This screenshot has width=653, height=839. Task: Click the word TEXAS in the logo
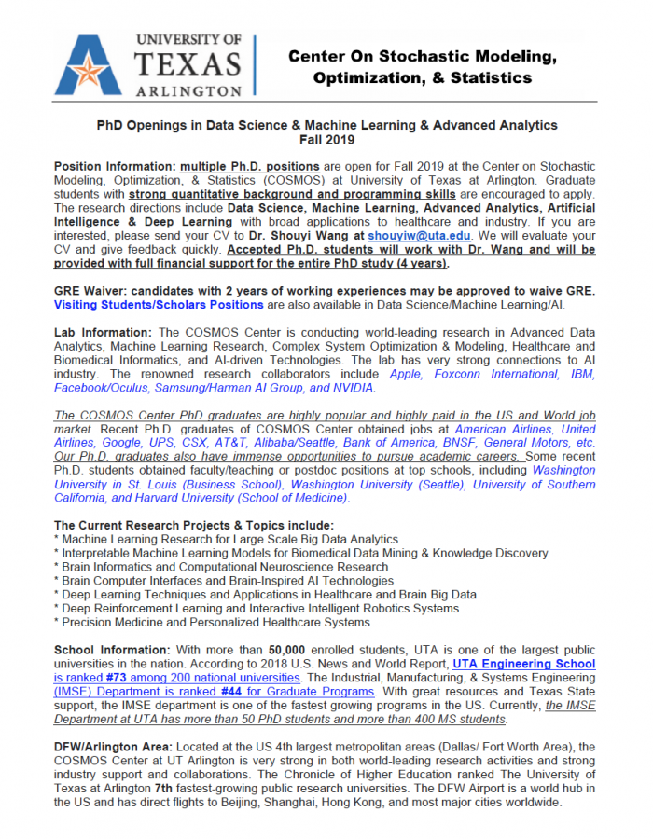(188, 63)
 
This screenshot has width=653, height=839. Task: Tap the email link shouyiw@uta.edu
(408, 237)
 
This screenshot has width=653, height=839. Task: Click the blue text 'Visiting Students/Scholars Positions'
(159, 305)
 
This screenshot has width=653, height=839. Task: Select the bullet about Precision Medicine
(212, 622)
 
